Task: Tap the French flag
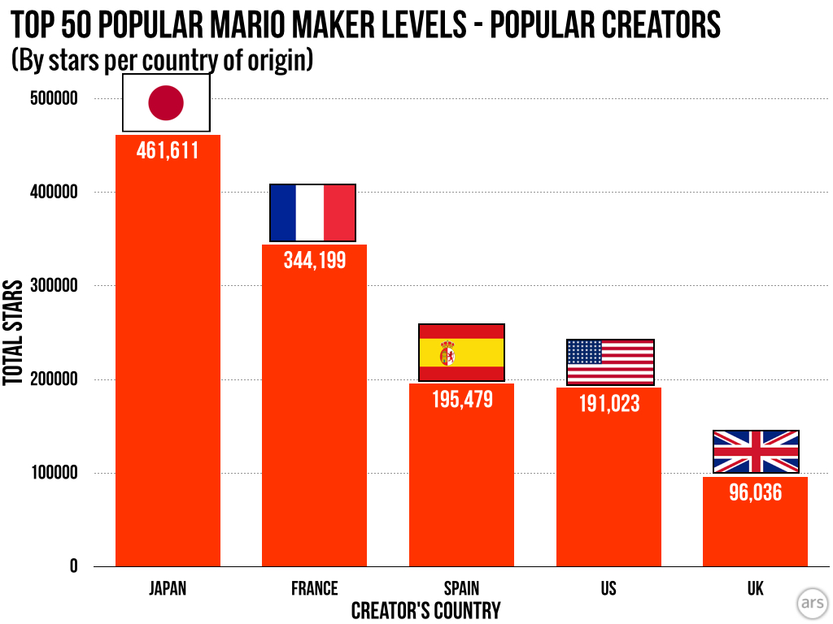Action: (x=312, y=213)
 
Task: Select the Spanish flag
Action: (x=461, y=353)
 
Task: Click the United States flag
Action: (x=610, y=362)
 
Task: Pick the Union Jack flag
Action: (x=756, y=452)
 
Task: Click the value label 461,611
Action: (x=168, y=150)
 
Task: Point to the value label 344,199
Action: (x=314, y=260)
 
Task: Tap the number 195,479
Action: (x=461, y=399)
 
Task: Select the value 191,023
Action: (x=608, y=403)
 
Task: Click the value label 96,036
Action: (x=755, y=492)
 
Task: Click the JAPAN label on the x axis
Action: (x=168, y=588)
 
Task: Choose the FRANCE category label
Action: (x=314, y=588)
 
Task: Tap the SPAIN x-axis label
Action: (x=461, y=588)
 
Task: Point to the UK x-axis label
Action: (x=755, y=588)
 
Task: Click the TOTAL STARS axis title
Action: (x=12, y=332)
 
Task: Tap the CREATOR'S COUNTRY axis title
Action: (x=425, y=611)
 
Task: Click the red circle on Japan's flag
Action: (x=166, y=103)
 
